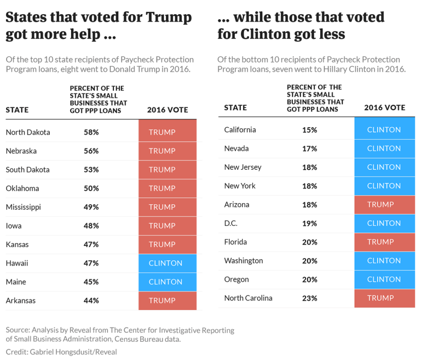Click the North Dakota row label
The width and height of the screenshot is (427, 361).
[28, 132]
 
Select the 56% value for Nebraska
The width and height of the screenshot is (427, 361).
[91, 151]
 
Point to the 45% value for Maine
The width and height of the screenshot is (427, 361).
[91, 282]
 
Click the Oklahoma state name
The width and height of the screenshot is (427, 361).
[22, 188]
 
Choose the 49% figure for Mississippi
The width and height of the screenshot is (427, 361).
[91, 207]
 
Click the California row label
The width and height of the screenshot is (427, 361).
[240, 130]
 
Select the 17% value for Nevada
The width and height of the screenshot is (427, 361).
[309, 148]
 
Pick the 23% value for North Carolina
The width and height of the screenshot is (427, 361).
[309, 298]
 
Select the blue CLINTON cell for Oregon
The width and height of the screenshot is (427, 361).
[384, 279]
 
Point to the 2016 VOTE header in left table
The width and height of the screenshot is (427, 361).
[168, 110]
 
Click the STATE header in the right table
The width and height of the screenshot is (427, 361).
[236, 108]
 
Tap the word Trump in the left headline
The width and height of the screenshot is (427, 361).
[169, 18]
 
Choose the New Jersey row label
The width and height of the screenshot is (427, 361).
[243, 167]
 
